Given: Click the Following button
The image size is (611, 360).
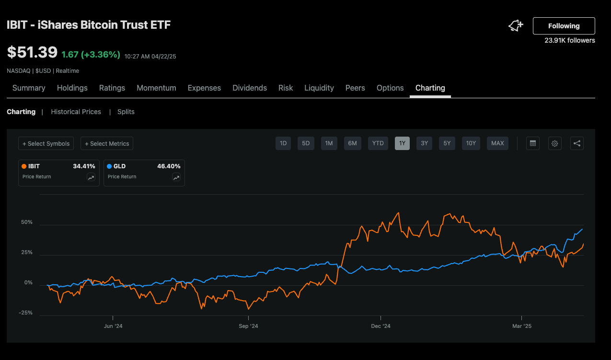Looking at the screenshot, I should (564, 26).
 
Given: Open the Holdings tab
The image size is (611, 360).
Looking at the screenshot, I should (72, 88).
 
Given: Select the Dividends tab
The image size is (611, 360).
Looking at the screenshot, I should (250, 88).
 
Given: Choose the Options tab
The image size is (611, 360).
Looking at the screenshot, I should (390, 88).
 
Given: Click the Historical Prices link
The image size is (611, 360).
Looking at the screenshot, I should (76, 112).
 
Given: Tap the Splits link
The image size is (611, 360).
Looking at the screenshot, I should (126, 112).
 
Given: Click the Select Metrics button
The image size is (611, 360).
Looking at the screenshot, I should (107, 143).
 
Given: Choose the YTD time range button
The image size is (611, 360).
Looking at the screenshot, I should (378, 143).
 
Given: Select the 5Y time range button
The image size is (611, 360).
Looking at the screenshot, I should (447, 143).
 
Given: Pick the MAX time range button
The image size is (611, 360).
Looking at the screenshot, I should (497, 143).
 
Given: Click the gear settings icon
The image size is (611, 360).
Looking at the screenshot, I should (555, 143).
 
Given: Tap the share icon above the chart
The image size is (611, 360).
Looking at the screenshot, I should (577, 143).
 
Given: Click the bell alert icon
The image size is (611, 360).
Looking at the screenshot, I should (516, 26).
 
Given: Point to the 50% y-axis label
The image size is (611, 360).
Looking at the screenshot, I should (27, 222).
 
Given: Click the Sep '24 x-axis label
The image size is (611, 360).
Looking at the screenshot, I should (248, 326).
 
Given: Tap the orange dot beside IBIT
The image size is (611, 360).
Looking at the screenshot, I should (24, 166).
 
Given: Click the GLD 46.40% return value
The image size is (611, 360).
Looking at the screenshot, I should (169, 166).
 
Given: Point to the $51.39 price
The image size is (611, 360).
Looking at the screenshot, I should (32, 52).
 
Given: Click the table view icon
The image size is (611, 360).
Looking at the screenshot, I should (532, 143).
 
